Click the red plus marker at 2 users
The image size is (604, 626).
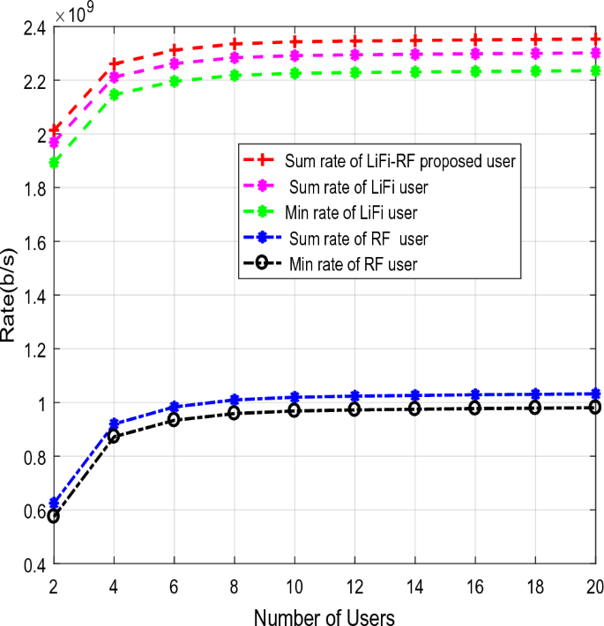(54, 129)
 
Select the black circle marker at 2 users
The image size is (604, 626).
(54, 516)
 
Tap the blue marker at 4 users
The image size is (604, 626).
(114, 424)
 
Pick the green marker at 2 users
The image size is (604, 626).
(54, 162)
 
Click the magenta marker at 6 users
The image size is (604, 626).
(175, 63)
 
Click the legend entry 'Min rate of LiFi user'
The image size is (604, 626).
(350, 210)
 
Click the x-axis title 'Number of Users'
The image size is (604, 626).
(323, 613)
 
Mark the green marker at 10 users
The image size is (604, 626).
(295, 73)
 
